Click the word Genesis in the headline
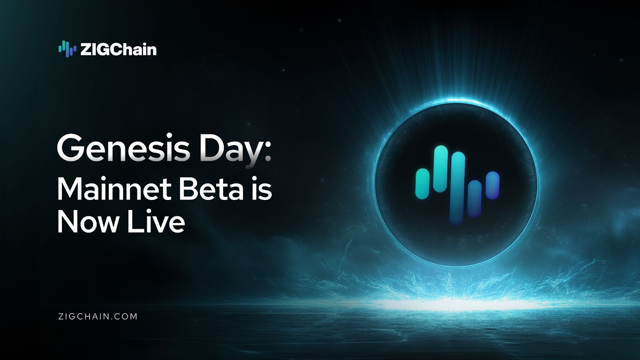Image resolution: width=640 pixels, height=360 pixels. coord(124,148)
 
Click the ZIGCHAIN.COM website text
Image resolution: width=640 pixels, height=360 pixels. coord(98,316)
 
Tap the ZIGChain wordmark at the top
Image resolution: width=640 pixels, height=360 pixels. coord(118,50)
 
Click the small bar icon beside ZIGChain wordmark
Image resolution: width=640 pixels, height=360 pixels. coord(68,49)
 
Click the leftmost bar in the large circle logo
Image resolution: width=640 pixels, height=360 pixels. coord(422,184)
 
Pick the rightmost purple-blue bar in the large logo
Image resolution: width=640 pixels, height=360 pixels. coord(492,185)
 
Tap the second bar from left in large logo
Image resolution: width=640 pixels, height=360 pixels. coord(440,169)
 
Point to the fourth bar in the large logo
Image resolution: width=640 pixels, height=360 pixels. coord(474,198)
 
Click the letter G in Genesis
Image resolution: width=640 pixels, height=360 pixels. coord(70,148)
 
